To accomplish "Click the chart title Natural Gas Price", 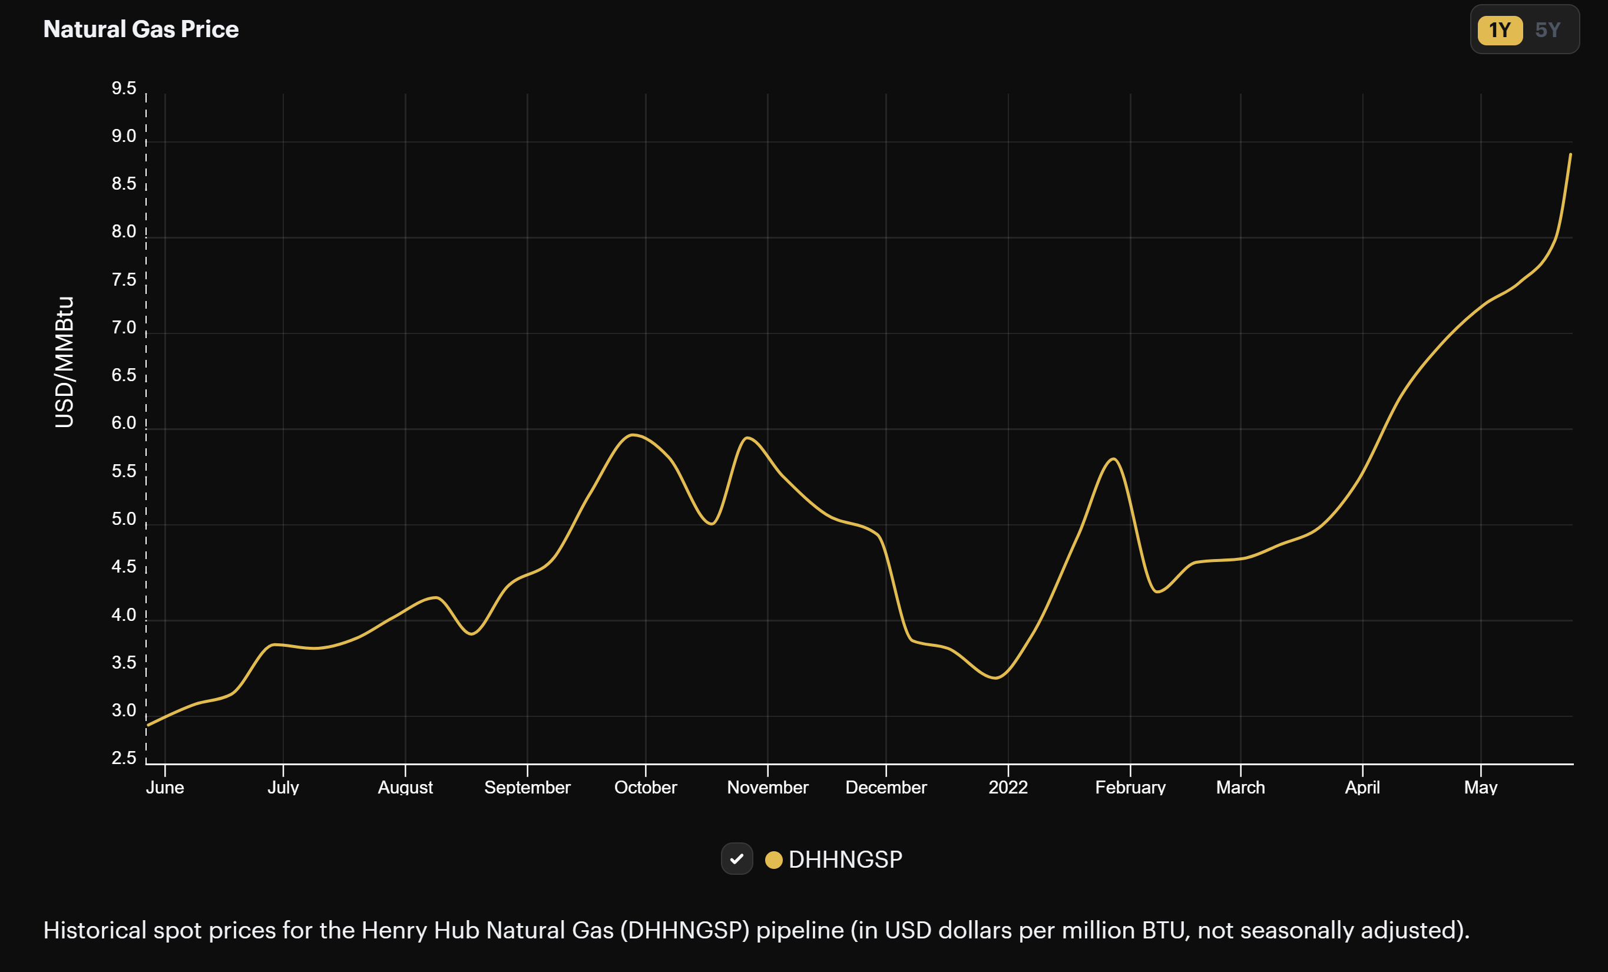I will (x=141, y=29).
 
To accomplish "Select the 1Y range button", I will (x=1499, y=30).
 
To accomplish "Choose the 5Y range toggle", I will (x=1547, y=30).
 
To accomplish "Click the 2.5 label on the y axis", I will (x=123, y=758).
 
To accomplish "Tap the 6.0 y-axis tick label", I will (x=123, y=423).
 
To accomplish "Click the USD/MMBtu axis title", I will (x=64, y=362).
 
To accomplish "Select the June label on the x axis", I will (x=164, y=787).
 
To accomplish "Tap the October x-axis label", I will (x=646, y=787).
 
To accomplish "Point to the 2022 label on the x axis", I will (x=1008, y=787).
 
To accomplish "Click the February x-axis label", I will (x=1130, y=787).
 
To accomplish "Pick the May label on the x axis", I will (x=1480, y=787).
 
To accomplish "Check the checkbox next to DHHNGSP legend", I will (x=737, y=859).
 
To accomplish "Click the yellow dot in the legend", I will (x=773, y=859).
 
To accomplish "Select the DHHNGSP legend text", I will (x=845, y=859).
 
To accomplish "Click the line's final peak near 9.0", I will (x=1570, y=155).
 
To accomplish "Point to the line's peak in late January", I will (x=1113, y=459).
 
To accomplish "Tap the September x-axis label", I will (x=527, y=787).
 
